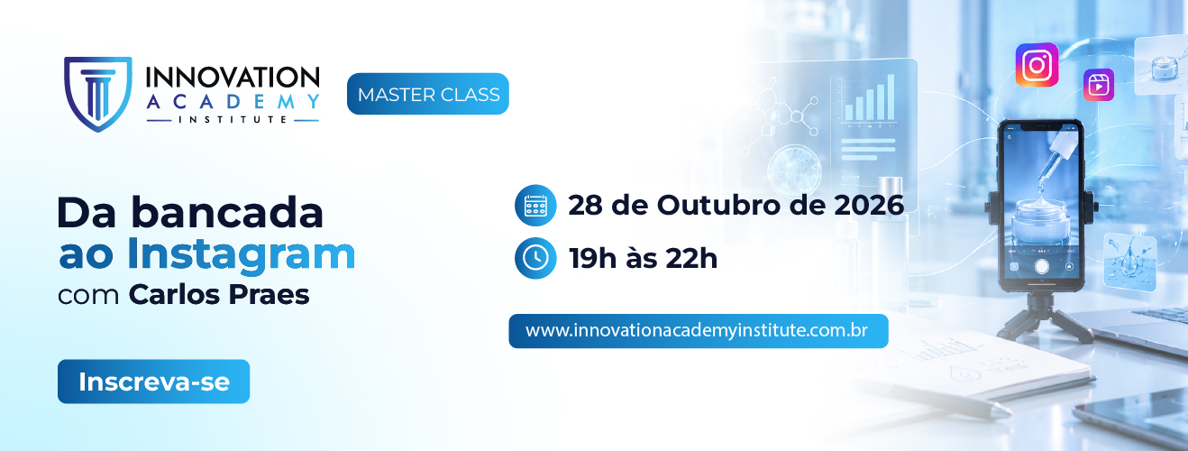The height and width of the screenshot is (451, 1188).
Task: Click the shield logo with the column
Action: (98, 94)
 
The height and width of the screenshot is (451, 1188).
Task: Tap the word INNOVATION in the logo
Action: (233, 78)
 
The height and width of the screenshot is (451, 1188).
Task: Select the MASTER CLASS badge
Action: (428, 94)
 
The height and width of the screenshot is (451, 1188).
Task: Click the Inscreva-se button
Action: (154, 382)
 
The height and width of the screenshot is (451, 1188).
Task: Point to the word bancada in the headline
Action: (227, 212)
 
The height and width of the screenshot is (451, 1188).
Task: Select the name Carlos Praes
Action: (219, 294)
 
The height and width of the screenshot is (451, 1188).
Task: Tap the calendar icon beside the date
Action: (535, 206)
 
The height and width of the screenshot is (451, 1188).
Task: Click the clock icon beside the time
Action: (535, 258)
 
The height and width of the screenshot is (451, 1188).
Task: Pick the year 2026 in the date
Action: (869, 206)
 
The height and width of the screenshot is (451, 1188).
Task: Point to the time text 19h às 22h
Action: (644, 258)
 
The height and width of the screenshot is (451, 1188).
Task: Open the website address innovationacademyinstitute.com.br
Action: (697, 330)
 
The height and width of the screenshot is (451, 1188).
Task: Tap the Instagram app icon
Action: (1037, 65)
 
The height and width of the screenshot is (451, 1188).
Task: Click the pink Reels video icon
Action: (1099, 85)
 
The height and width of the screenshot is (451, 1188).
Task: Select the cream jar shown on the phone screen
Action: (1040, 221)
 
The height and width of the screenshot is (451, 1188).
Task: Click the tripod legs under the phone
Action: (1043, 318)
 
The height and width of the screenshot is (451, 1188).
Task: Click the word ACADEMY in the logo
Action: (233, 101)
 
